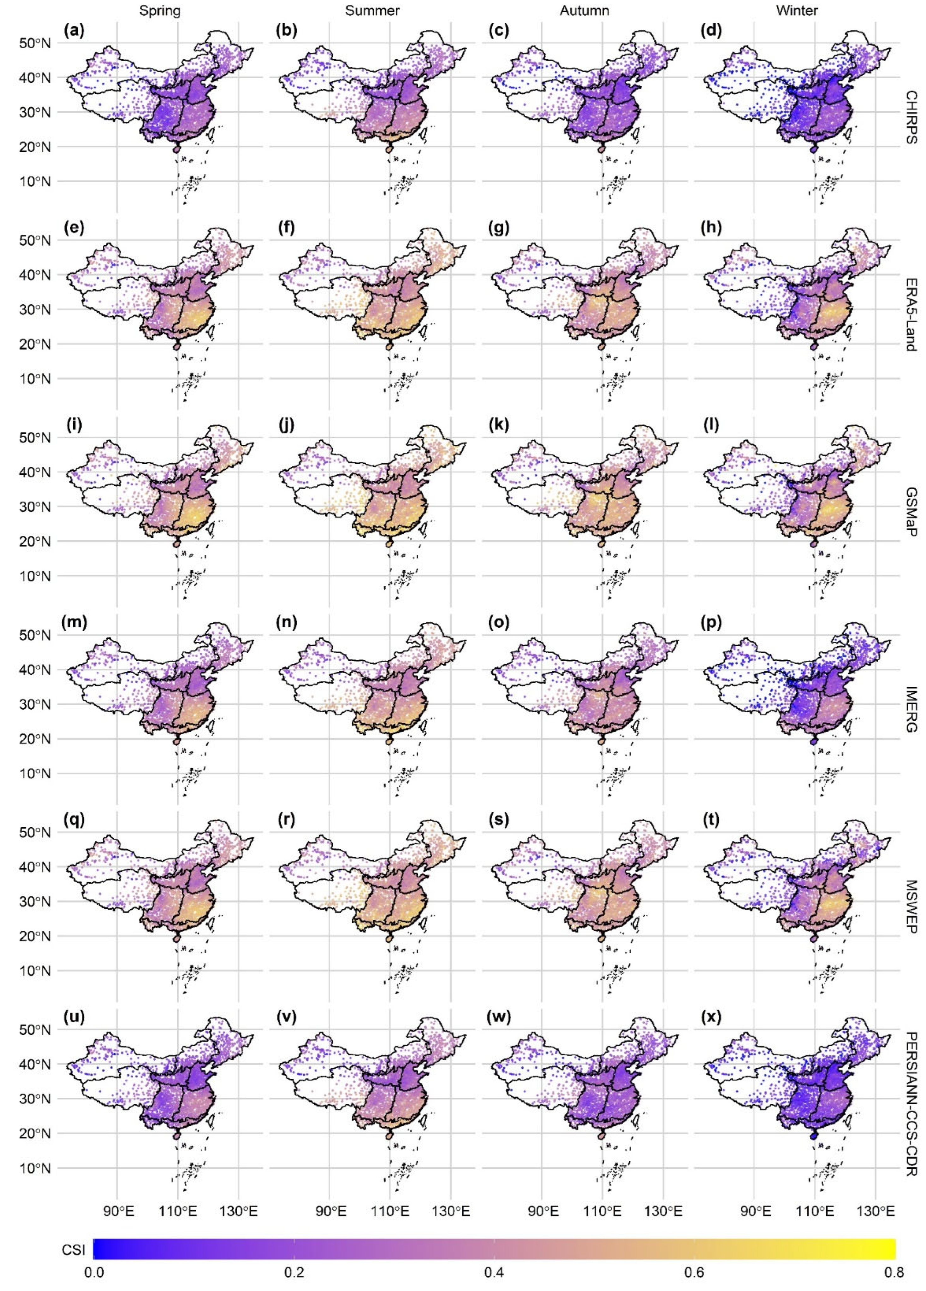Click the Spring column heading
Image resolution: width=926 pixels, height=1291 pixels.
(x=160, y=10)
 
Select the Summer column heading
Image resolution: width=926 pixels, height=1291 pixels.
(x=372, y=10)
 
